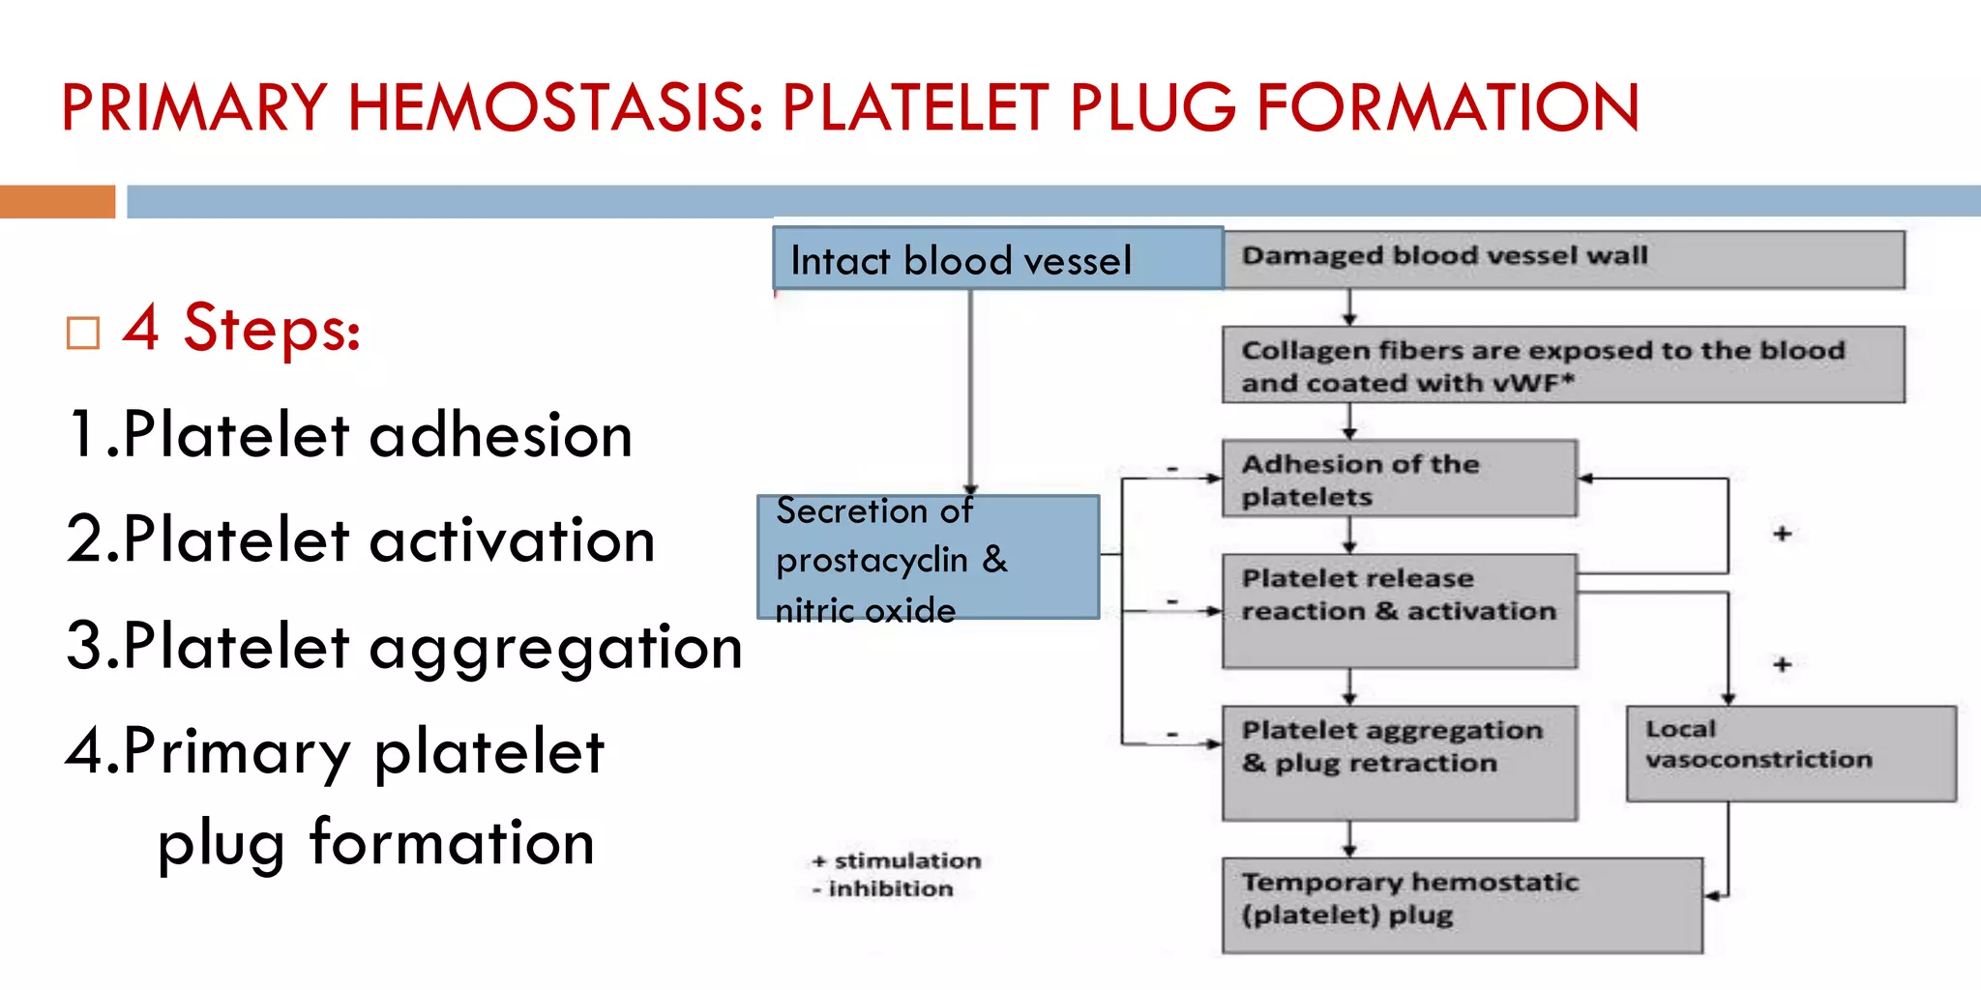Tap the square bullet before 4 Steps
(x=83, y=334)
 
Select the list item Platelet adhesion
(x=350, y=434)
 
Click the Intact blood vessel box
(x=997, y=259)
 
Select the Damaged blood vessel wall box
(x=1563, y=259)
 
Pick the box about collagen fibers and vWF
(x=1563, y=365)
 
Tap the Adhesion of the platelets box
(x=1399, y=480)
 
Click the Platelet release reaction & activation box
(x=1399, y=610)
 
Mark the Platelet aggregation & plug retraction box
(x=1399, y=763)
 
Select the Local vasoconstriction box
(x=1790, y=754)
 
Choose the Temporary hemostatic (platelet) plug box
(x=1462, y=905)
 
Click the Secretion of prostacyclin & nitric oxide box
(x=928, y=558)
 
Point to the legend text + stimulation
(x=897, y=860)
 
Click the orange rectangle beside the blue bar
(x=57, y=201)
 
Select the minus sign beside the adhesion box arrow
(x=1172, y=469)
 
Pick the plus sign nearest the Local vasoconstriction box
(x=1783, y=665)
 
